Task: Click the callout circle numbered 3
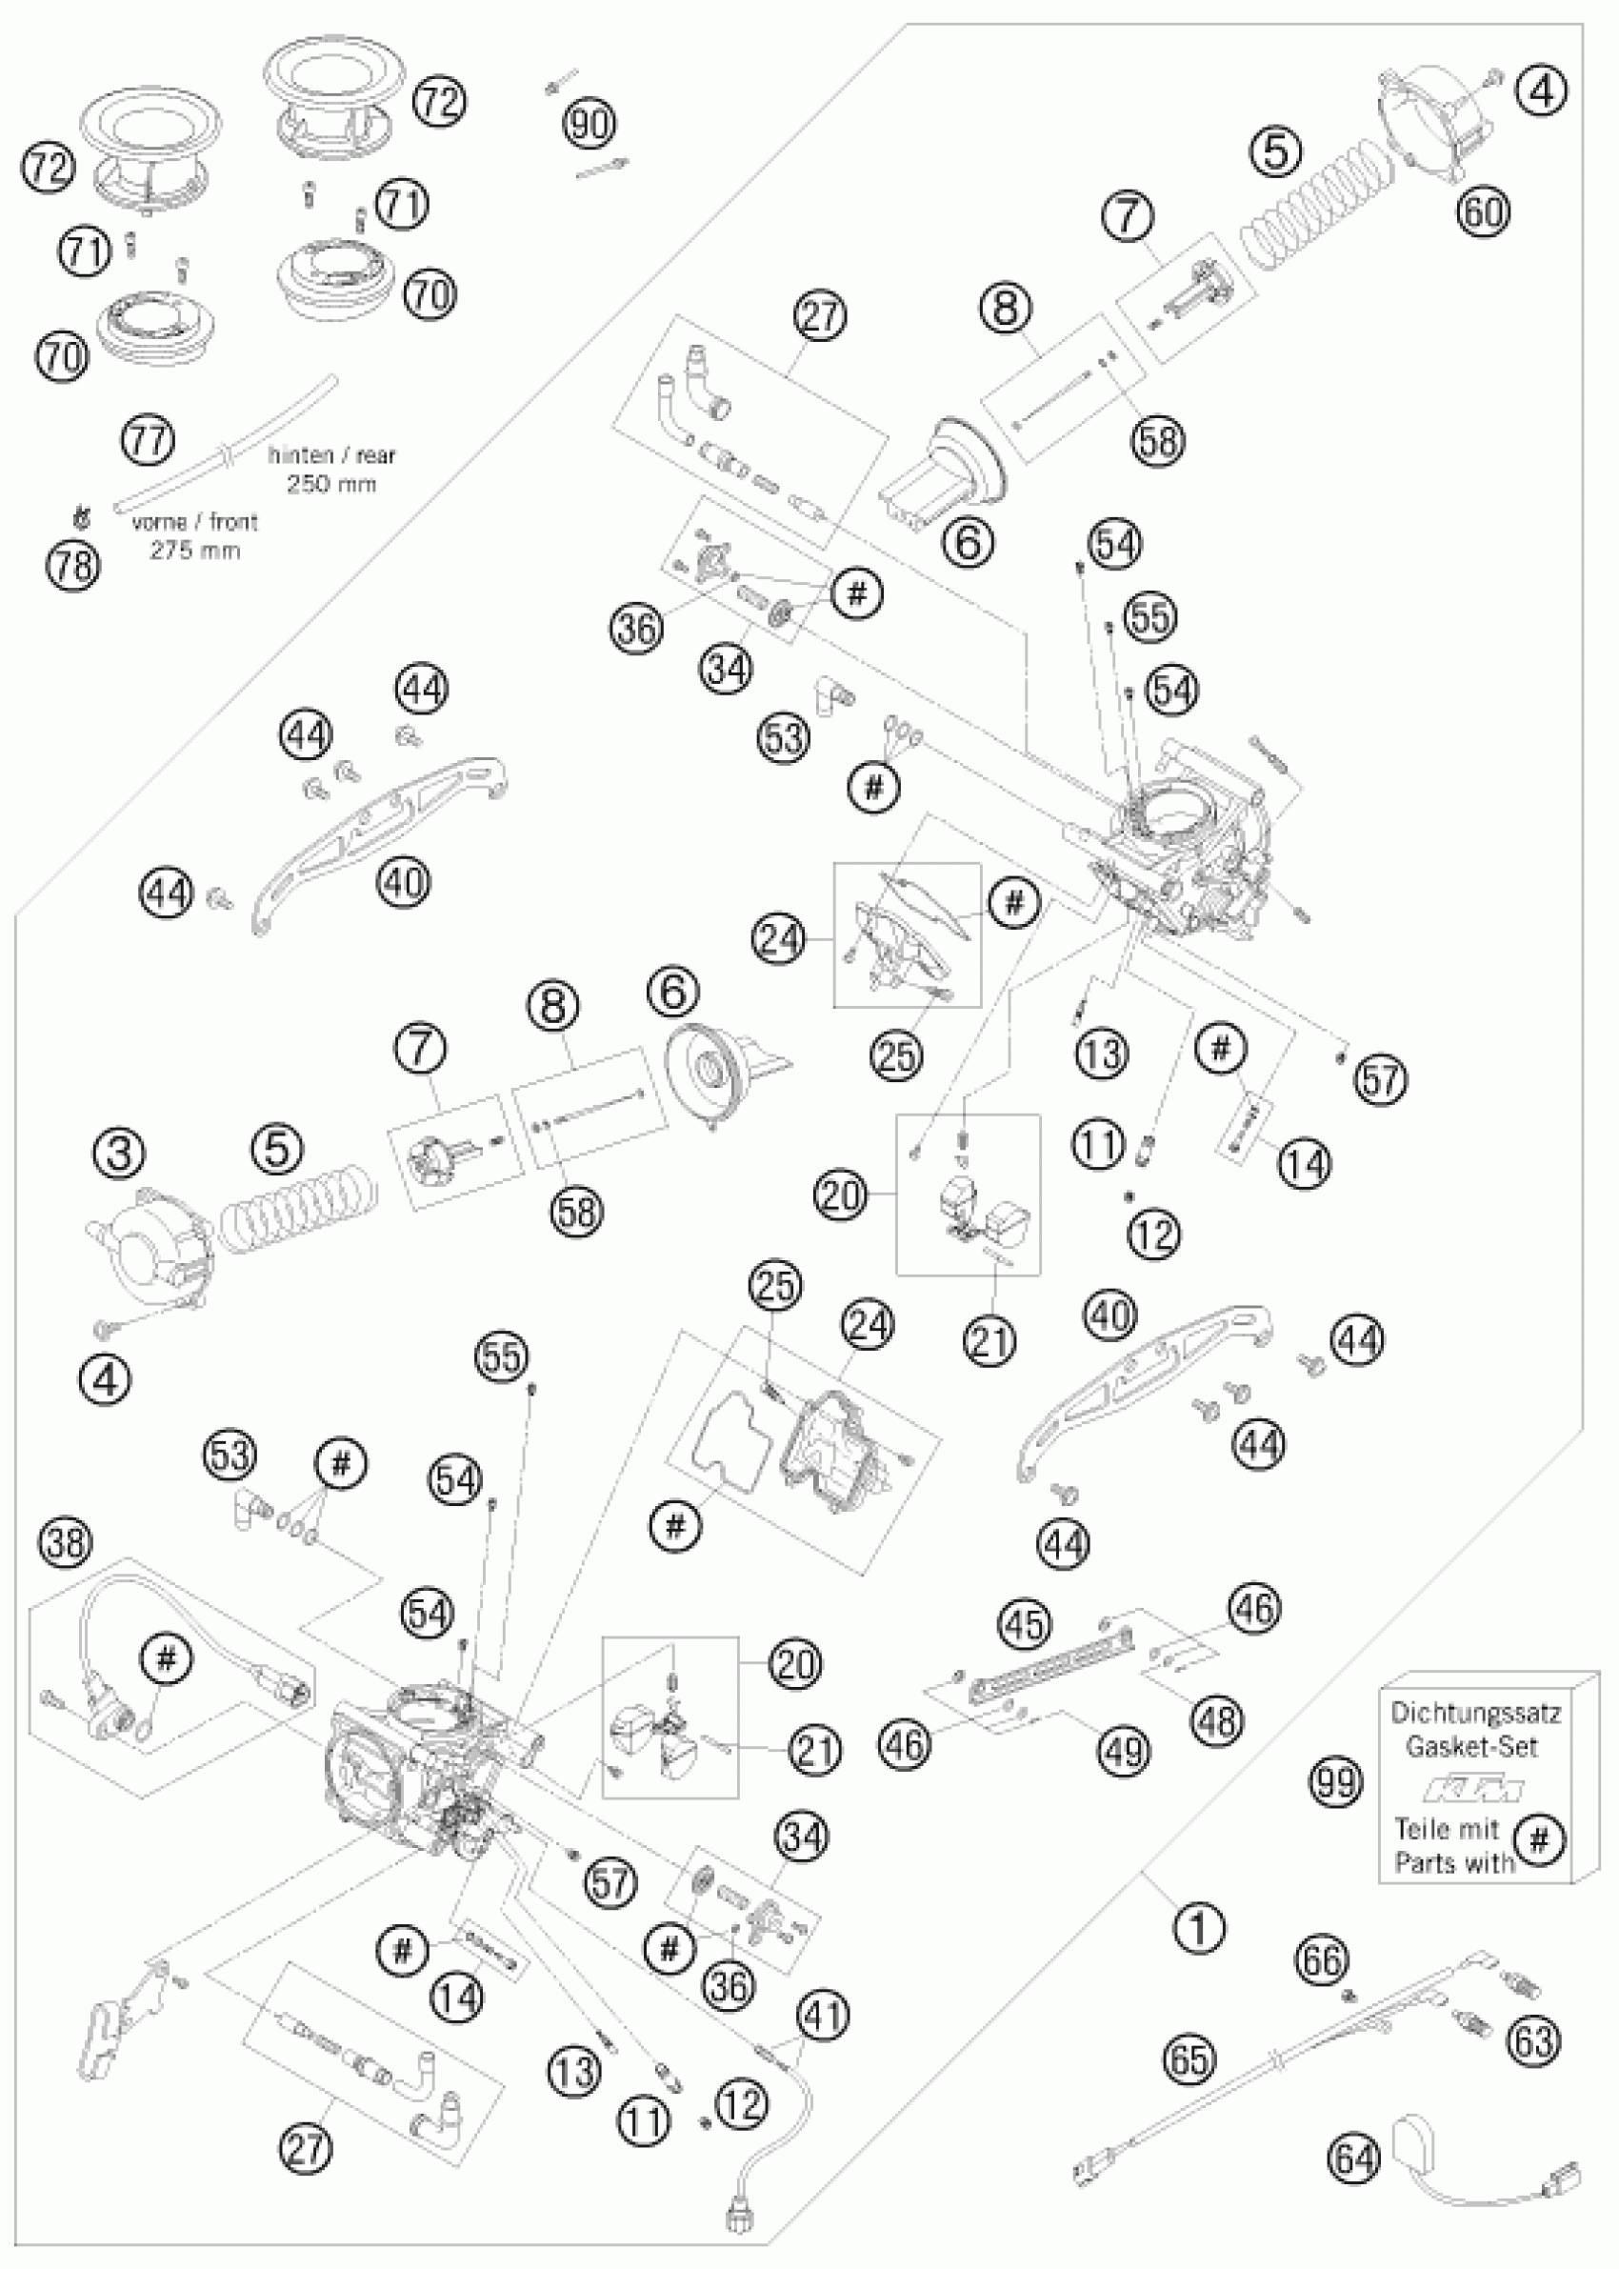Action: pyautogui.click(x=120, y=1155)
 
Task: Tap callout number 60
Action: pyautogui.click(x=1484, y=211)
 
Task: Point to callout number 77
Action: pyautogui.click(x=148, y=441)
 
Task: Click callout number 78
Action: pyautogui.click(x=72, y=565)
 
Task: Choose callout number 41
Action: pyautogui.click(x=823, y=2016)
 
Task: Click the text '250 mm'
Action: pyautogui.click(x=332, y=485)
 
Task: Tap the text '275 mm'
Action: pyautogui.click(x=195, y=551)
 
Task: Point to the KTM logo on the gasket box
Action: pyautogui.click(x=1475, y=1792)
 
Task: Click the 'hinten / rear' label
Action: pyautogui.click(x=332, y=455)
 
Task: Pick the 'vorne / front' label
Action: pyautogui.click(x=194, y=522)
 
